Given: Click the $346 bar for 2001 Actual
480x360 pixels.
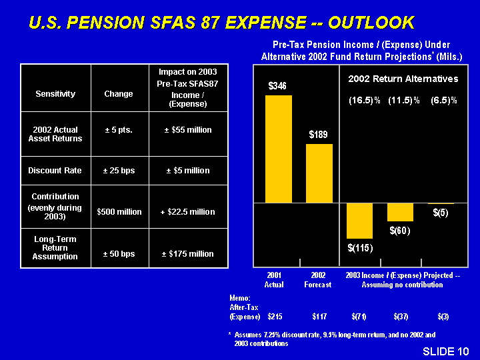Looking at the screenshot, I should click(x=278, y=149).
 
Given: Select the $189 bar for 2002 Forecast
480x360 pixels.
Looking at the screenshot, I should click(x=319, y=173).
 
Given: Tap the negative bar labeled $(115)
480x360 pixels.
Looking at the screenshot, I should click(x=359, y=220).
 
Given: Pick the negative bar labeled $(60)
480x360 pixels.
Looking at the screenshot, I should click(x=400, y=212).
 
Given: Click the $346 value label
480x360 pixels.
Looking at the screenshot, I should click(x=277, y=86).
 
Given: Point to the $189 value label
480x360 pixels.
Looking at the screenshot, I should click(x=319, y=135).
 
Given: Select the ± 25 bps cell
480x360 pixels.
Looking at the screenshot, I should click(x=119, y=171).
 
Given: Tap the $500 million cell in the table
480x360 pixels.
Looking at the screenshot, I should click(x=119, y=212).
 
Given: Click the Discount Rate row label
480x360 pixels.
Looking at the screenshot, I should click(x=55, y=171).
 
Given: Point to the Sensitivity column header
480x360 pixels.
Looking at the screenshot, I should click(x=55, y=94).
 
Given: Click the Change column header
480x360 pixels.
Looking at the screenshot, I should click(x=119, y=94).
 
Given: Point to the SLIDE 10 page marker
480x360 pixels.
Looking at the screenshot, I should click(x=445, y=351).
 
